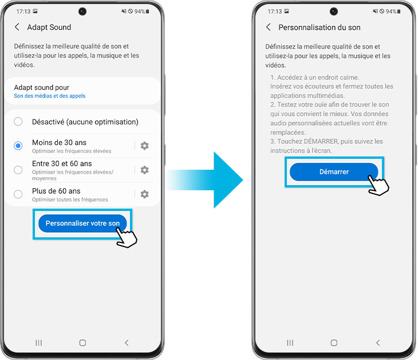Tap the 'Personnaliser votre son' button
[x=82, y=224]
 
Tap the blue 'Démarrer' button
[x=334, y=172]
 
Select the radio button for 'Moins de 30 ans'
[x=18, y=146]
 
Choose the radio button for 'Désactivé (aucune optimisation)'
[x=18, y=122]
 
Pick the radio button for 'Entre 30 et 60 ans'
[x=18, y=170]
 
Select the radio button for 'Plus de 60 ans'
[x=18, y=194]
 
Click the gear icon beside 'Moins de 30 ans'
[x=144, y=146]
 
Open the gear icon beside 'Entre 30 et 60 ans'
[x=144, y=170]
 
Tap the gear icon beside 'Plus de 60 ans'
[x=144, y=194]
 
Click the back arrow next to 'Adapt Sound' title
[x=17, y=27]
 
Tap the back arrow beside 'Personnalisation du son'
[x=269, y=27]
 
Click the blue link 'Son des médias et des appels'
[x=50, y=96]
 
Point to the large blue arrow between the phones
[x=205, y=180]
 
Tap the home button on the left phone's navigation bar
[x=82, y=343]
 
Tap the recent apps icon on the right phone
[x=290, y=343]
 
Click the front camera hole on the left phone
[x=82, y=11]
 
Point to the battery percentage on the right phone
[x=391, y=11]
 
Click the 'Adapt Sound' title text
[x=49, y=27]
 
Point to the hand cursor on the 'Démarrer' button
[x=378, y=185]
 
